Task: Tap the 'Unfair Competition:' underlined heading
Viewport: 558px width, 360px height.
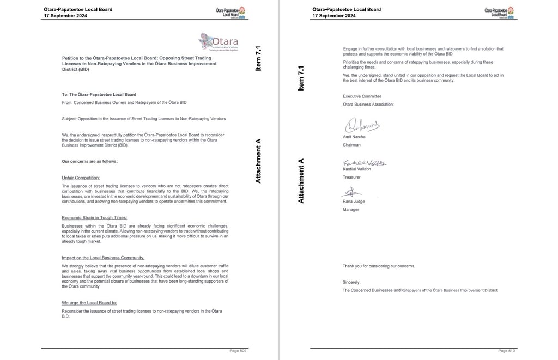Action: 81,178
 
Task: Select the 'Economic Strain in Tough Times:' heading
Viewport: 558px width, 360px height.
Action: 94,218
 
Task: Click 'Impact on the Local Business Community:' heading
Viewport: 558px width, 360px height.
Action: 103,258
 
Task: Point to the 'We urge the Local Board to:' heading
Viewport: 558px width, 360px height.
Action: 89,303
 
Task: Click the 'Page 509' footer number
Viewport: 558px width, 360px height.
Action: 239,351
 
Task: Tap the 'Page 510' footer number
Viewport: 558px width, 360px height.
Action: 506,351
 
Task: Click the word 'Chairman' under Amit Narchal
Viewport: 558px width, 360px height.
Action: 351,145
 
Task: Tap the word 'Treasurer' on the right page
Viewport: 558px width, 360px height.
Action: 352,177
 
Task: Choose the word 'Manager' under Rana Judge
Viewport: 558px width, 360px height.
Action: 351,209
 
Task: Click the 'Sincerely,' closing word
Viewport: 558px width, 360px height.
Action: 351,282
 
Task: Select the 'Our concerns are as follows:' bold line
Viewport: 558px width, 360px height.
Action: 89,161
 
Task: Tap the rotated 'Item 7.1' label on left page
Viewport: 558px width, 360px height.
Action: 259,59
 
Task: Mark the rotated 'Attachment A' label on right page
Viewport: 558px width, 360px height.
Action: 300,181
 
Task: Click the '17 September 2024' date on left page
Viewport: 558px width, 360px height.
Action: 65,16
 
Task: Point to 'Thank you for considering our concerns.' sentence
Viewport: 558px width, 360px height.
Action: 378,266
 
